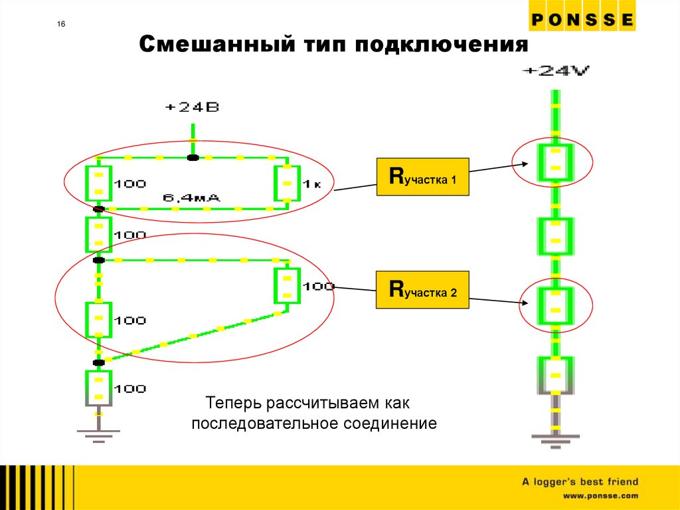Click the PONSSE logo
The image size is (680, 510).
click(x=582, y=20)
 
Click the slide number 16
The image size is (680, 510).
click(x=61, y=25)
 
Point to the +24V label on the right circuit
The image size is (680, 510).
click(x=556, y=71)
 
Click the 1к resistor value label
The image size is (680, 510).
click(x=312, y=184)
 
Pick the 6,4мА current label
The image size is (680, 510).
click(x=192, y=197)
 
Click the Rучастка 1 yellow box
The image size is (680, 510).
click(x=422, y=177)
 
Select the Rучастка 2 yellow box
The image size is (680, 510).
click(x=422, y=290)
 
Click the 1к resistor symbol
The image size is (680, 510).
click(x=288, y=184)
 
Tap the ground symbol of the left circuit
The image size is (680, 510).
click(x=98, y=433)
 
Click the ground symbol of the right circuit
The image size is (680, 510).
click(x=555, y=438)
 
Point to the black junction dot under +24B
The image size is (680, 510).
click(x=192, y=158)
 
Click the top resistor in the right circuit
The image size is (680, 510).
click(x=555, y=163)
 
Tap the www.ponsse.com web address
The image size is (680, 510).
click(x=600, y=496)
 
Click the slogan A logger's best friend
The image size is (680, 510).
click(x=579, y=481)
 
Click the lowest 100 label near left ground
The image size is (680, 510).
click(x=129, y=388)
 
